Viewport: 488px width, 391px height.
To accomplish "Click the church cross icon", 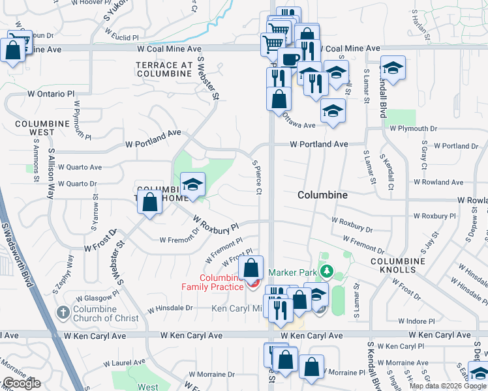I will click(63, 311).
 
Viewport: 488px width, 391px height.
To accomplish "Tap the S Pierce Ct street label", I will click(256, 174).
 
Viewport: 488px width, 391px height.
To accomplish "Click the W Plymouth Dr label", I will click(413, 129).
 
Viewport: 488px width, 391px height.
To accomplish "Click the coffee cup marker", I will click(289, 59).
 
